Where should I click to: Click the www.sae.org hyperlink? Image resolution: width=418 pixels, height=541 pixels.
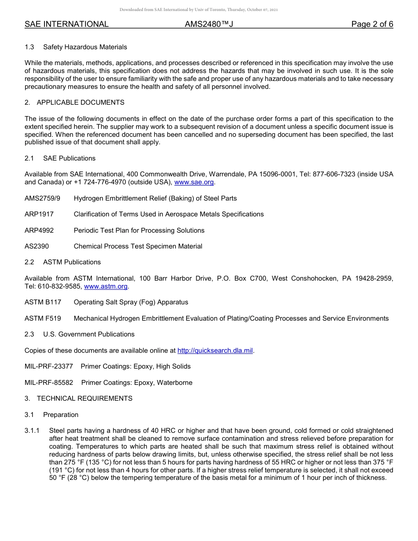pos(194,182)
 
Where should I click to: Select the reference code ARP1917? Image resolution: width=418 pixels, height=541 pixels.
pos(39,214)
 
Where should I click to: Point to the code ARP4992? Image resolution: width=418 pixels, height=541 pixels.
pos(39,230)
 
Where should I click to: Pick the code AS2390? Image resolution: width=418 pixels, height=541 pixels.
pos(37,246)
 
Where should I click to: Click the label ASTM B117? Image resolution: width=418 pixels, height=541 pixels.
pos(43,302)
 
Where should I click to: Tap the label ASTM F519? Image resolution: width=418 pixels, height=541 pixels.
pos(43,318)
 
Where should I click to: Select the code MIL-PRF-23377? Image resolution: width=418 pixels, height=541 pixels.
pos(49,366)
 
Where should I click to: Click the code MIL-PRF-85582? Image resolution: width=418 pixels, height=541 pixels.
pos(49,383)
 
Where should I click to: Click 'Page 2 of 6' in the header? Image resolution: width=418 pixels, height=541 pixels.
pos(372,24)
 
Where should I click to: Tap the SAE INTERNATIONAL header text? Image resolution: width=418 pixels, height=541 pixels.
pos(66,24)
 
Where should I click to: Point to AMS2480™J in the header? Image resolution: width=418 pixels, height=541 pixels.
pos(209,24)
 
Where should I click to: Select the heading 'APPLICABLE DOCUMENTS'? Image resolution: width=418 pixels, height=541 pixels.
pos(81,102)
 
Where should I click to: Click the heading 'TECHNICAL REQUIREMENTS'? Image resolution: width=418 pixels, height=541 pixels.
pos(84,398)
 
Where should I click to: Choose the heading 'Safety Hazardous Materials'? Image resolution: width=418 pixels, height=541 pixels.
pos(85,47)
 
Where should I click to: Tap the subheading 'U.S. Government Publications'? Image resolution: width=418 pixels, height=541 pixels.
pos(89,334)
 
